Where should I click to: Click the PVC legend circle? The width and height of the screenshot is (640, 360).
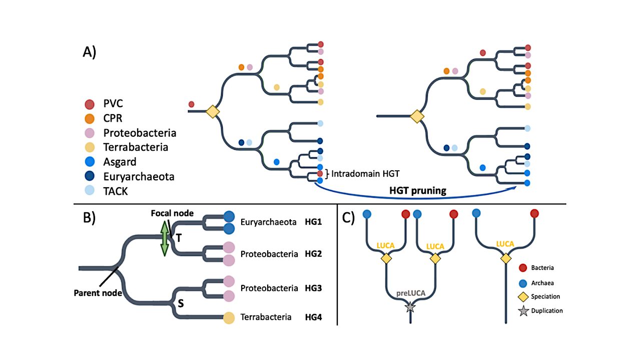89,104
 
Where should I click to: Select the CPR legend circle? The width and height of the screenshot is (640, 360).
89,119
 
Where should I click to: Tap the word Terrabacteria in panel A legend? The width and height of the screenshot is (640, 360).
136,147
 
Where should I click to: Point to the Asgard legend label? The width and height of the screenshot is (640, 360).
120,162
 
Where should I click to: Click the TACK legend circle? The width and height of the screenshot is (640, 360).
89,191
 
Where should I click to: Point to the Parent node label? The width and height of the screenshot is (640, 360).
98,293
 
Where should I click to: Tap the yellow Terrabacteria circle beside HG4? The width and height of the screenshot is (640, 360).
229,317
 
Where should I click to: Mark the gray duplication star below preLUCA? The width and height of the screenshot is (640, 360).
410,307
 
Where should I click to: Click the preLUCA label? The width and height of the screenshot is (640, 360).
410,293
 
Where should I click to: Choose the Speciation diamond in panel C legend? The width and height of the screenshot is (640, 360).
522,296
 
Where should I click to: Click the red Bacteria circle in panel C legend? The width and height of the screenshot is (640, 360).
522,268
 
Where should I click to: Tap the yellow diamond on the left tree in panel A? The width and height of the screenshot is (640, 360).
213,112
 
